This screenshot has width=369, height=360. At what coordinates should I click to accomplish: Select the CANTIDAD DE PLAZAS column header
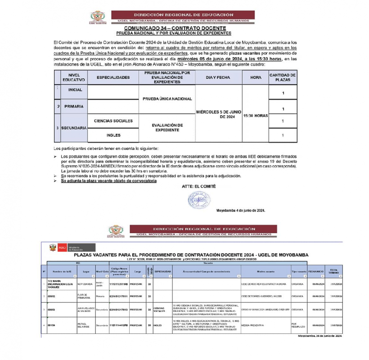pyautogui.click(x=283, y=77)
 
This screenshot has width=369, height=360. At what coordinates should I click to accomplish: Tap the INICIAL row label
pyautogui.click(x=75, y=90)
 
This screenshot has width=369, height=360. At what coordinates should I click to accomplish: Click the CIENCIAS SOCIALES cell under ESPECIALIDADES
pyautogui.click(x=113, y=121)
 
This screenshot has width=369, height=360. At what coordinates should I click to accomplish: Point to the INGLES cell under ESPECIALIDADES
pyautogui.click(x=113, y=135)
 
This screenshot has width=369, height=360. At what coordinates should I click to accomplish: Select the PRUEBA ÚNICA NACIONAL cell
pyautogui.click(x=167, y=99)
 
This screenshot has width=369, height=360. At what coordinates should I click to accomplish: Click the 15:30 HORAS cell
pyautogui.click(x=255, y=116)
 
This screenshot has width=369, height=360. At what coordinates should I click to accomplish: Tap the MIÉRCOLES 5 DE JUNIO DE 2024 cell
pyautogui.click(x=218, y=114)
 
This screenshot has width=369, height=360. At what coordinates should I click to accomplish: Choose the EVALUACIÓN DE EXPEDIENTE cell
pyautogui.click(x=167, y=127)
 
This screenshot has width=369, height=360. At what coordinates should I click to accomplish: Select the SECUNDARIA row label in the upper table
pyautogui.click(x=75, y=128)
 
